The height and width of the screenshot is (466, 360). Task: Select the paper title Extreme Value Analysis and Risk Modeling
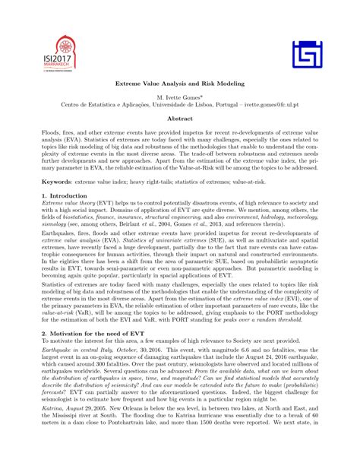(x=180, y=85)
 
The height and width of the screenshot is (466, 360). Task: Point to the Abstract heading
(x=180, y=119)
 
